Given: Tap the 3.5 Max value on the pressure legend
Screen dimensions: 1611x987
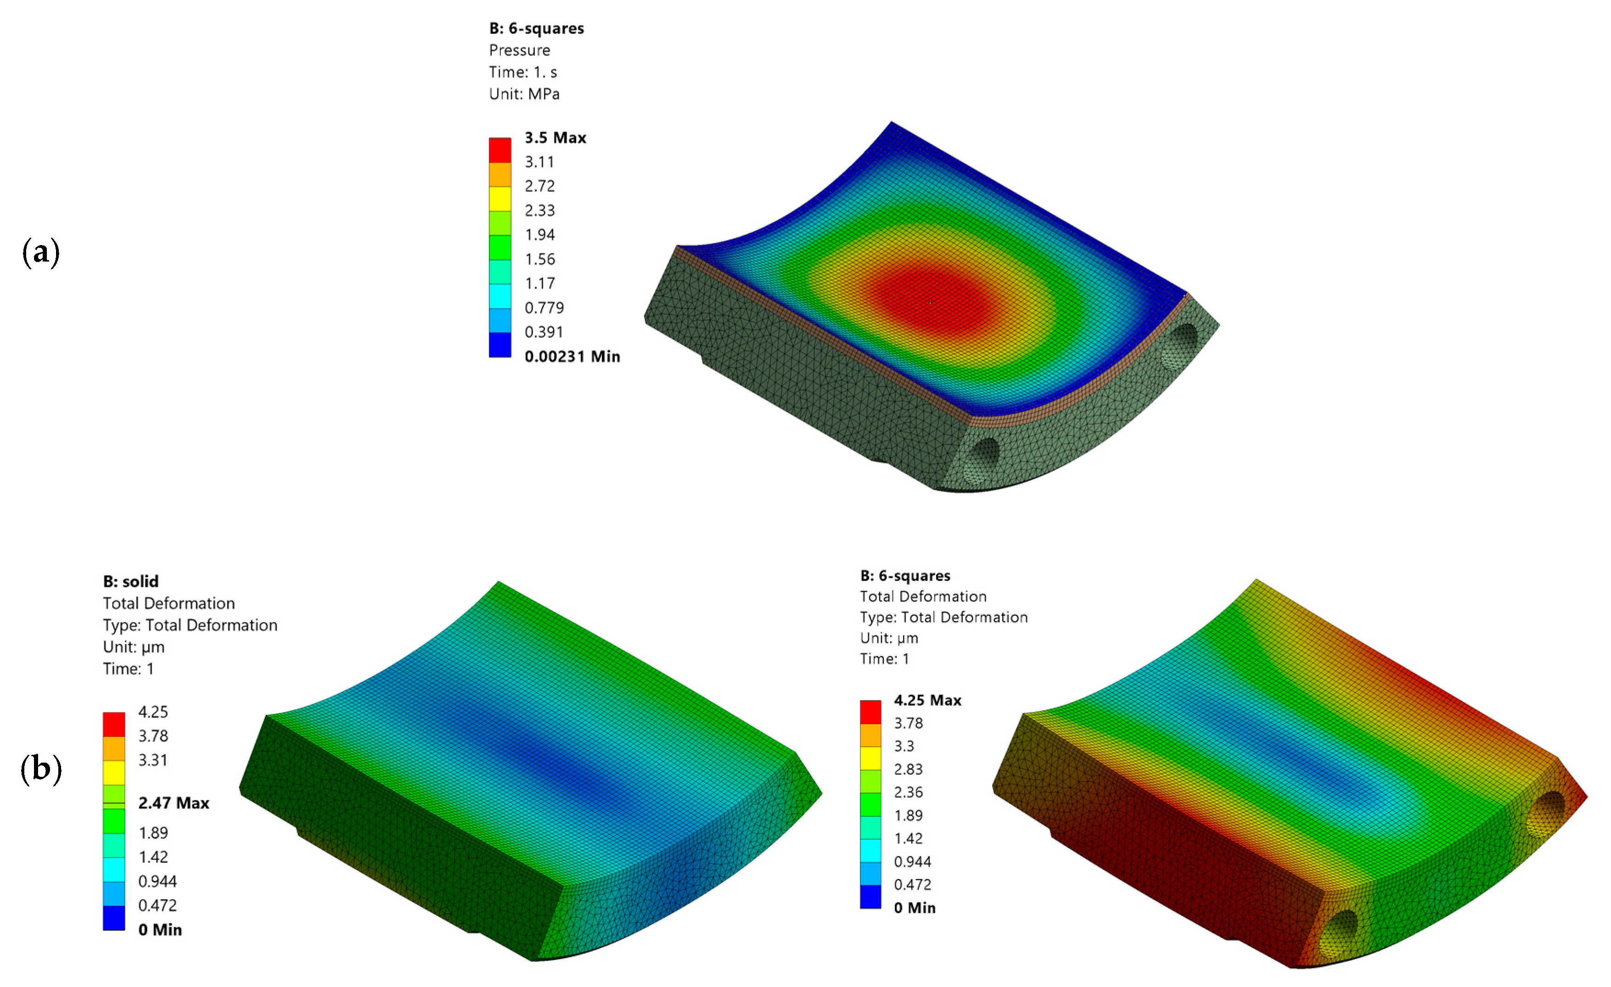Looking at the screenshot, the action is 555,138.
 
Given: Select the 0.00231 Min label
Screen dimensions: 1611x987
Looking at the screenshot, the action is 572,356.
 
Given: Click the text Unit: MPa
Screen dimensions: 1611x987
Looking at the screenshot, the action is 524,94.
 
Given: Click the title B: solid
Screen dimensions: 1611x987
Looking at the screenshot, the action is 131,581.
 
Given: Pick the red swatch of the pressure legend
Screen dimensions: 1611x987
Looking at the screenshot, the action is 500,150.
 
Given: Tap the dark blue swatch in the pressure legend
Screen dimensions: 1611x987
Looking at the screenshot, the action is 500,345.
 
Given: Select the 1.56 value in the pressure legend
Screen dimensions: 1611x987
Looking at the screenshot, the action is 539,260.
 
